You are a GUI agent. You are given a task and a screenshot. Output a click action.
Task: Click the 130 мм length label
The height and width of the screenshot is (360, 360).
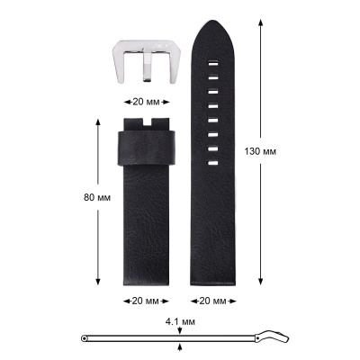click(x=260, y=151)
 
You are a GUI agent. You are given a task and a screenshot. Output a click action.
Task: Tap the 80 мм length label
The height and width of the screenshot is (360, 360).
click(x=97, y=198)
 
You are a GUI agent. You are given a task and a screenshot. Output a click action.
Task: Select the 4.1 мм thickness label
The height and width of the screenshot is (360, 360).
click(x=180, y=322)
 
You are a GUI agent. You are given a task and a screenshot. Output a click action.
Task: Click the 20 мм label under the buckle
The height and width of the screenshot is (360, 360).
click(x=146, y=102)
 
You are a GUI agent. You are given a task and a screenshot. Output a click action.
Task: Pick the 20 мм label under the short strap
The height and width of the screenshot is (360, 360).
click(x=146, y=301)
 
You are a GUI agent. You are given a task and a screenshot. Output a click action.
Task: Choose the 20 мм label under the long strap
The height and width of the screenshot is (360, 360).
click(x=213, y=301)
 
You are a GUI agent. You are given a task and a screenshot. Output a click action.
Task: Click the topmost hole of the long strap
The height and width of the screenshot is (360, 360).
click(x=212, y=64)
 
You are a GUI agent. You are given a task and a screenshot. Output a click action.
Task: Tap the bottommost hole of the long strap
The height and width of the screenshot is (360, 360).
click(x=212, y=163)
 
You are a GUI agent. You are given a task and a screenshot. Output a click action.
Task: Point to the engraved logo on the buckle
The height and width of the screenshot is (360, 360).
click(x=162, y=45)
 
